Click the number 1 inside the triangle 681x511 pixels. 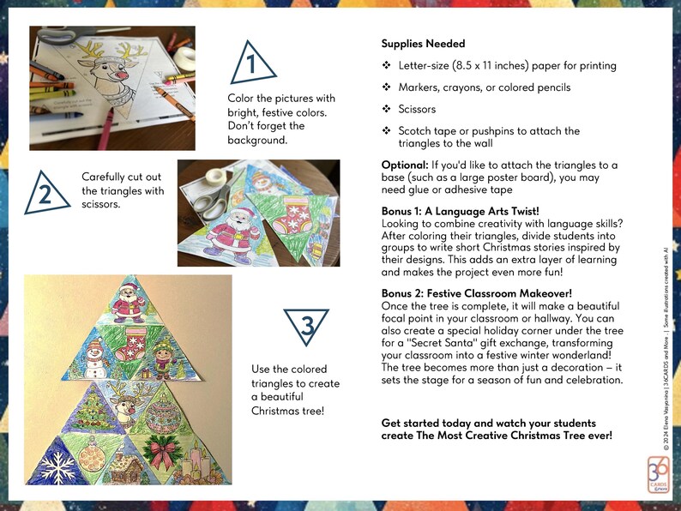point(250,65)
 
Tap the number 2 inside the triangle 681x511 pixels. point(43,193)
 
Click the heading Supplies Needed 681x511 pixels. point(423,44)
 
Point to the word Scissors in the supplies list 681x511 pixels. point(417,109)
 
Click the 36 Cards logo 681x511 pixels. point(658,473)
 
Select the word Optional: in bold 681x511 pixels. point(407,165)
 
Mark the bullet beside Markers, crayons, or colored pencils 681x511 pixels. point(387,87)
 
